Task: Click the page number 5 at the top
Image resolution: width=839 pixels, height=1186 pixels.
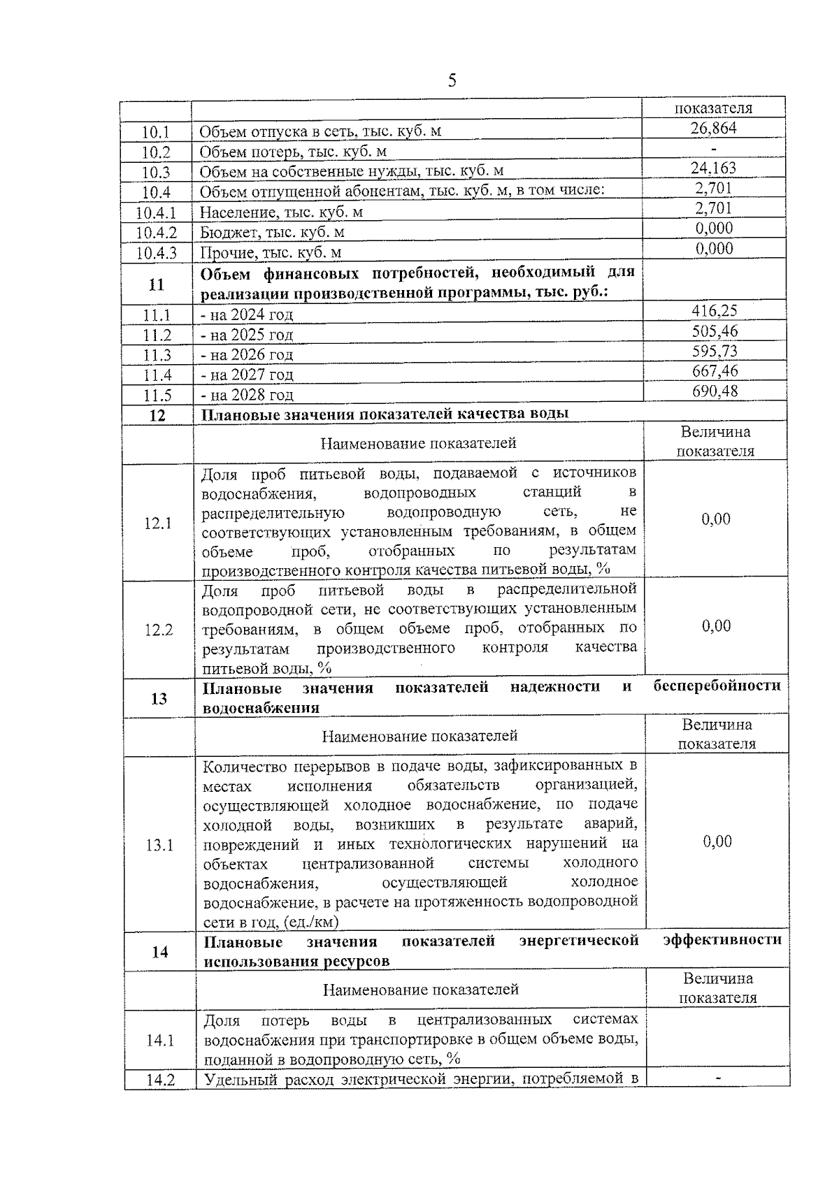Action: (452, 80)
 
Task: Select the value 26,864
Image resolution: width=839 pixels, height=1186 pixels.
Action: (713, 128)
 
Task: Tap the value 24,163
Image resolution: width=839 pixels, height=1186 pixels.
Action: (713, 168)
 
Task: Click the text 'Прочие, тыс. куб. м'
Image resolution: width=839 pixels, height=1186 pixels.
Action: (271, 252)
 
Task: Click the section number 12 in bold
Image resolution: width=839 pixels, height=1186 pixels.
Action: (157, 415)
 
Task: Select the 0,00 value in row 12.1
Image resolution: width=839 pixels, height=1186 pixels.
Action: (715, 519)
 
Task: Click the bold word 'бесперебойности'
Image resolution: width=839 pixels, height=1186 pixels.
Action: (717, 686)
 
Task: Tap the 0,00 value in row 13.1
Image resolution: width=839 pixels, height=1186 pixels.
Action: (717, 841)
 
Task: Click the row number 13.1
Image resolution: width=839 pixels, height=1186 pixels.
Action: (159, 846)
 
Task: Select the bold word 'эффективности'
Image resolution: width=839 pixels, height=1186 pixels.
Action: (722, 940)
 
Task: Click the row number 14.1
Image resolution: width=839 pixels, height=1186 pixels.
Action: (159, 1041)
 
